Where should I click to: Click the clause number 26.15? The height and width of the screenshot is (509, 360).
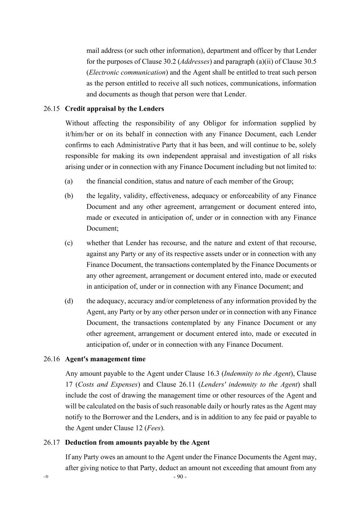51,109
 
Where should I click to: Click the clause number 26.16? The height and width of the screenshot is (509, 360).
51,359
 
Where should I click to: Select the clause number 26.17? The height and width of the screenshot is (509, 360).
51,443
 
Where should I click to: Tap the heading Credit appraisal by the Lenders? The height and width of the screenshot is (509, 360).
114,109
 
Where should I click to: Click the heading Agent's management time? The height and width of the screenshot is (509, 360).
105,359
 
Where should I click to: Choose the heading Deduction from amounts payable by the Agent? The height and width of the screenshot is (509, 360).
137,443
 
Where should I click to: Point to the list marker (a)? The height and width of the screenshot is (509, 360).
69,182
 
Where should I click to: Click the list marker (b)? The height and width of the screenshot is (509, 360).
69,196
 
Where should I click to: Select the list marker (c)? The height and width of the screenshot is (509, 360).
69,243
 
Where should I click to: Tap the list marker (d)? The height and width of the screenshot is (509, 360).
69,301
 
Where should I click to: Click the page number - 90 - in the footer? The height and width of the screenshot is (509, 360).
180,477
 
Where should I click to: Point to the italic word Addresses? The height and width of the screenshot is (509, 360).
195,62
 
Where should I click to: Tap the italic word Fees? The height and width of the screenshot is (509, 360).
154,428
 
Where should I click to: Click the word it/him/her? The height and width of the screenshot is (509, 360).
79,134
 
